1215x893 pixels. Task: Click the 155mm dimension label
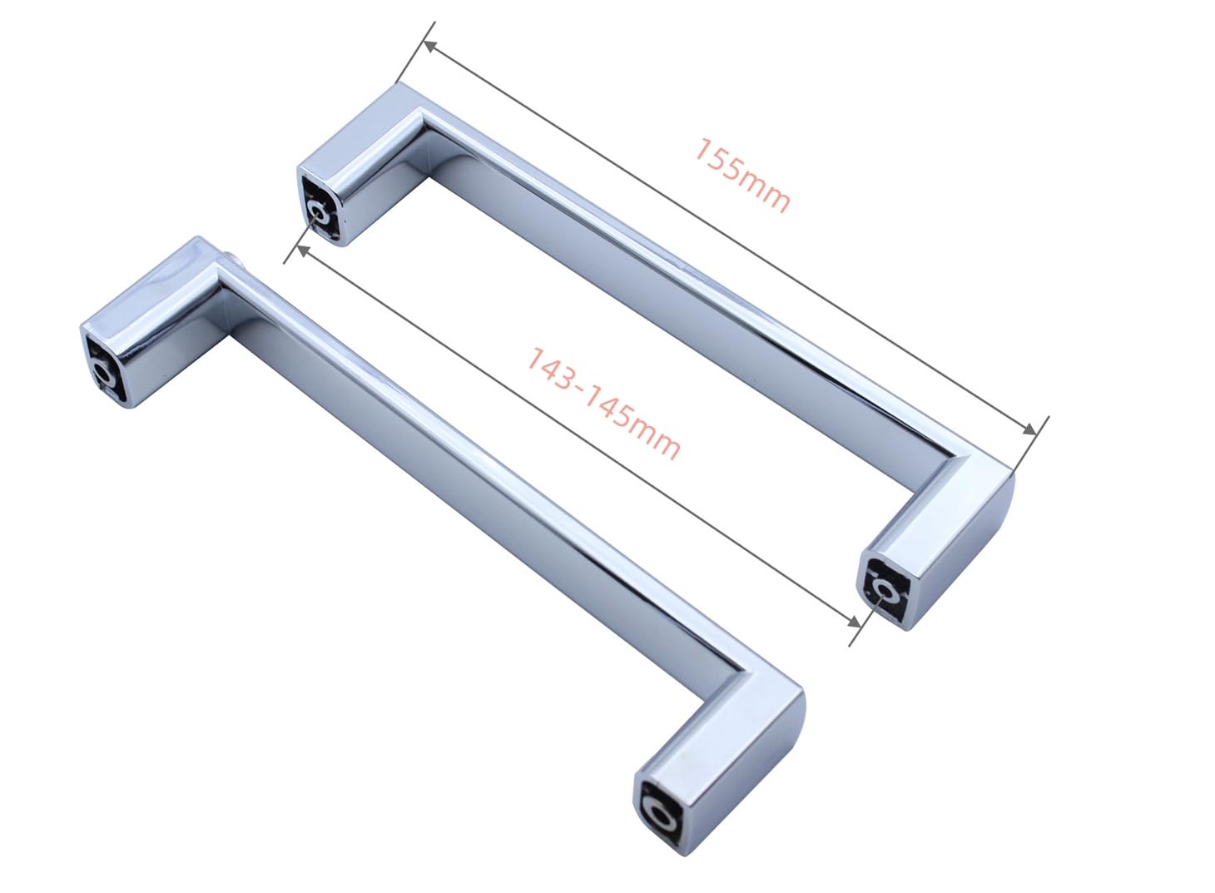pos(742,175)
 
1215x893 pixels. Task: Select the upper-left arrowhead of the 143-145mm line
pos(303,251)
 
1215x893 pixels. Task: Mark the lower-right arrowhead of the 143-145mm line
pos(853,622)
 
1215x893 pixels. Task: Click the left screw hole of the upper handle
pos(319,214)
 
